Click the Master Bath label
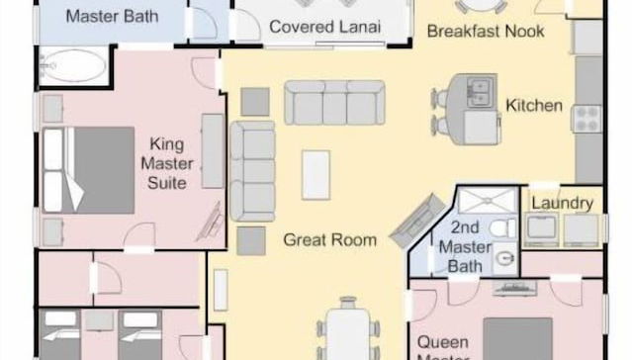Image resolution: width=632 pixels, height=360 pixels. point(112,17)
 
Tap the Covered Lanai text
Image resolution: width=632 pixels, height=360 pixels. point(324,27)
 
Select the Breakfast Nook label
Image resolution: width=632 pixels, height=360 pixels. point(486,31)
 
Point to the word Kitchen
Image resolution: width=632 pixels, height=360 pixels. point(534,105)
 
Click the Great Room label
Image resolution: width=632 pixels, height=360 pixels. point(330,240)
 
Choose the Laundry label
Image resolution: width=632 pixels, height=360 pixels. point(562,203)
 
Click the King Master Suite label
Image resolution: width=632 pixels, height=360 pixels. point(167,163)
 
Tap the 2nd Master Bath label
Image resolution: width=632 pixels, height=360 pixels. point(465,246)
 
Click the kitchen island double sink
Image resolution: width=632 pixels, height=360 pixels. point(480,93)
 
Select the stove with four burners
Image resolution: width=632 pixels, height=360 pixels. point(587,118)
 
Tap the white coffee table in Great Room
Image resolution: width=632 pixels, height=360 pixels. point(316,175)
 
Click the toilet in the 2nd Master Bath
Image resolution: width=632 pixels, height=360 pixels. point(502,228)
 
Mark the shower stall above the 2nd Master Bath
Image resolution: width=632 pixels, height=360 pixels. point(488,201)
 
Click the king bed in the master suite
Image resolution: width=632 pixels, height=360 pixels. point(88,170)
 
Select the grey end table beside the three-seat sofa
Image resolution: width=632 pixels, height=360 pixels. point(255,102)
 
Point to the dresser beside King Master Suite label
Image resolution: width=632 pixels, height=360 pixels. point(213,151)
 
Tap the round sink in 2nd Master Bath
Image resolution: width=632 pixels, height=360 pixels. point(504,258)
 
